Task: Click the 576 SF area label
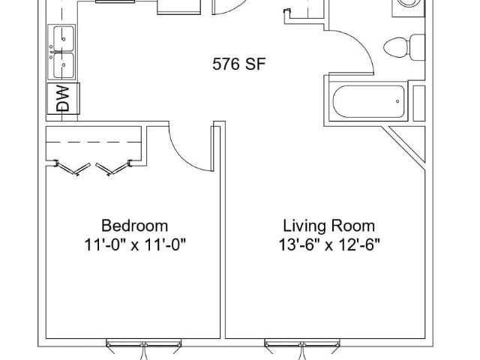coord(238,64)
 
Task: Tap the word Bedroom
coord(135,226)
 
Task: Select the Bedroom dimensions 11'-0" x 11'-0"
coord(135,245)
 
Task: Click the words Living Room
coord(328,226)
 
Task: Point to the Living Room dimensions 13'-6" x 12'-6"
coord(329,245)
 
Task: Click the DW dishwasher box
coord(63,98)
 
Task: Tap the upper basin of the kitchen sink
coord(64,38)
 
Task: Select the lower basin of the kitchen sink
coord(64,65)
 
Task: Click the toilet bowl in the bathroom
coord(395,47)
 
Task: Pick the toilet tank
coord(417,47)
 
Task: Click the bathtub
coord(368,101)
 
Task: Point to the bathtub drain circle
coord(397,101)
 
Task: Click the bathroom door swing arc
coord(361,43)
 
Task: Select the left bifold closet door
coord(72,169)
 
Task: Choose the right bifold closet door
coord(114,169)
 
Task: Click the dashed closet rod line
coord(93,142)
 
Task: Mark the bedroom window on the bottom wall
coord(143,343)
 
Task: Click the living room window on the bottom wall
coord(302,343)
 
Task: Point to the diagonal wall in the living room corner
coord(403,148)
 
